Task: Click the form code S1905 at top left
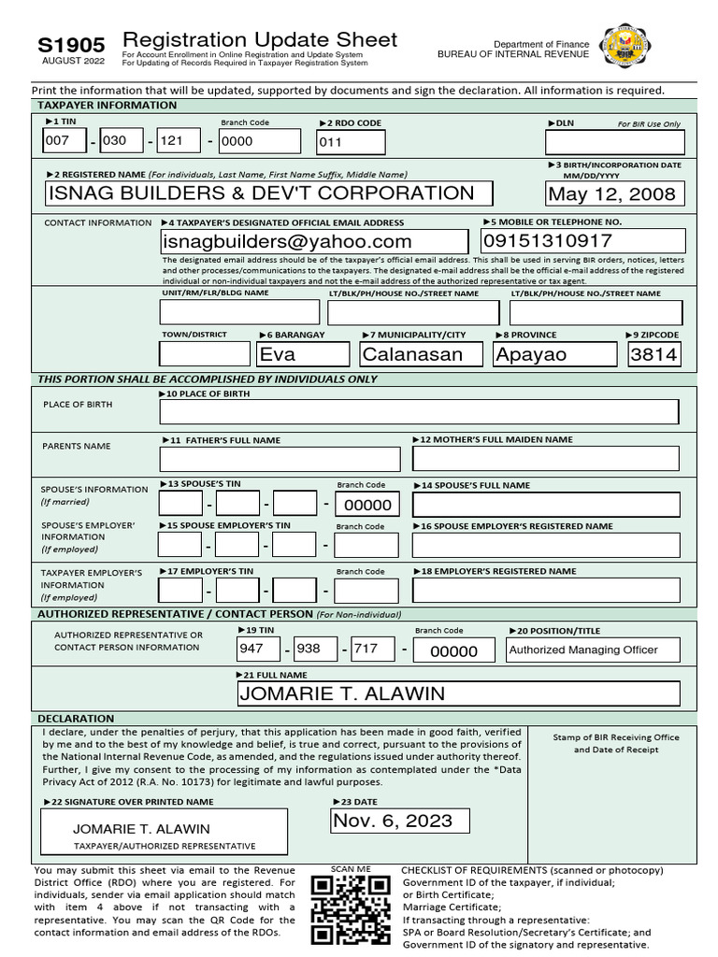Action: click(71, 44)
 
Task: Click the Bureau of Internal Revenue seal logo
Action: click(626, 47)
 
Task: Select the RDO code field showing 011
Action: click(351, 142)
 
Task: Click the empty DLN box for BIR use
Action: click(614, 142)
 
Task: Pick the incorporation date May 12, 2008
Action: click(614, 194)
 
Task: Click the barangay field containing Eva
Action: click(301, 354)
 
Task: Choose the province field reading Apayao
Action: click(554, 354)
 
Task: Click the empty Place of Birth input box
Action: click(419, 412)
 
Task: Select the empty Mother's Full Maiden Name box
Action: click(545, 458)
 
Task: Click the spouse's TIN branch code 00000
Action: click(366, 505)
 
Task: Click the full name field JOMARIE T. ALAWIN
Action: click(457, 693)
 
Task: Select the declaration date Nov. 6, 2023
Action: click(400, 821)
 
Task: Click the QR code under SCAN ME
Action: click(350, 910)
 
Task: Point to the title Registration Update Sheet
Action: click(260, 39)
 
